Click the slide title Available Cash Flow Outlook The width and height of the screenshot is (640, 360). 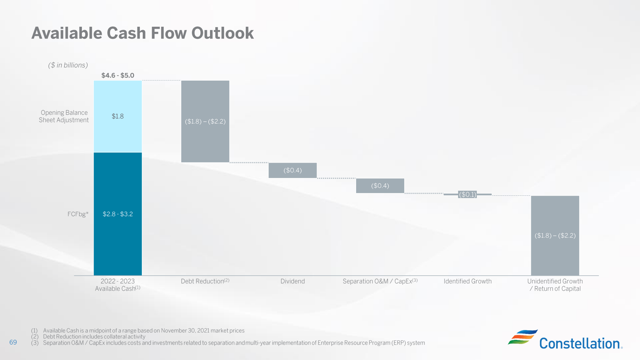coord(142,33)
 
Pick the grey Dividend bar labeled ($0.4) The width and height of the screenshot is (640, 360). coord(293,170)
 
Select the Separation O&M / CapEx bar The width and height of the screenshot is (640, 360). coord(380,186)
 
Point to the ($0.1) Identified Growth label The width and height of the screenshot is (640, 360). coord(467,194)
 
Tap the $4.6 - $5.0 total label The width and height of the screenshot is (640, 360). coord(118,75)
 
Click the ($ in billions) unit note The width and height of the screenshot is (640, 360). coord(68,65)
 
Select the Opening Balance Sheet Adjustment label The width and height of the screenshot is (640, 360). coord(64,116)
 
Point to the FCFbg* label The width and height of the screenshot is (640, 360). coord(78,214)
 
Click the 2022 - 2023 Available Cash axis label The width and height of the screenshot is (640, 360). coord(118,285)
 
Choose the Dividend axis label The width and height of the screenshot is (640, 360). coord(293,281)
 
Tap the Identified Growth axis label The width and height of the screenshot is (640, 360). coord(467,281)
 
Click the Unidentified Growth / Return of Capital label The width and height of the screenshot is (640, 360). coord(555,285)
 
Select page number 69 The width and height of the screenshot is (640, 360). coord(13,342)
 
